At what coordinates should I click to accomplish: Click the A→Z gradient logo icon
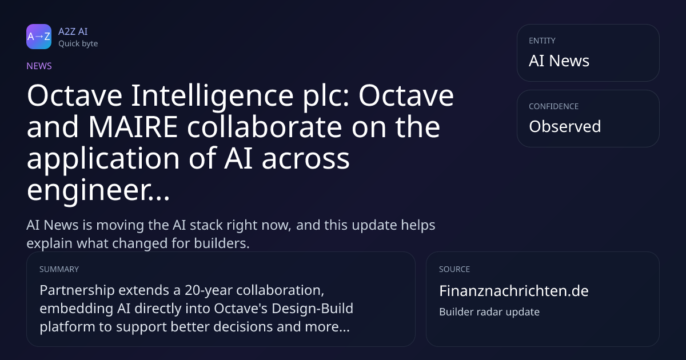(x=39, y=37)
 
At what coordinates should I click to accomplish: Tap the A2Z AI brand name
(x=73, y=31)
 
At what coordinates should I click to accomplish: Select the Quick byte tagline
(x=78, y=43)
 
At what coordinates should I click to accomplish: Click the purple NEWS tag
(x=39, y=66)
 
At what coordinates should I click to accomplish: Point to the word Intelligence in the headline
(x=212, y=96)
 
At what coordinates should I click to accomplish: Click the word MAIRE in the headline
(x=133, y=127)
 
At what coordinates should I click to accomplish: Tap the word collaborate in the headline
(x=264, y=126)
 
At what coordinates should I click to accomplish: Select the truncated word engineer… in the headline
(x=98, y=190)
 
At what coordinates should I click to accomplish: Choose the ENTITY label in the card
(x=542, y=41)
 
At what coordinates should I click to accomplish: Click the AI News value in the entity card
(x=559, y=61)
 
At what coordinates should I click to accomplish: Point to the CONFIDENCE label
(x=554, y=106)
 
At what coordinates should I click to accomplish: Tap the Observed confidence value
(x=565, y=126)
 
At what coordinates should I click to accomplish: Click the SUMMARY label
(x=59, y=269)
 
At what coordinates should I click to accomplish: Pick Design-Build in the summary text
(x=312, y=309)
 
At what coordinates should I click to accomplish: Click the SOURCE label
(x=454, y=269)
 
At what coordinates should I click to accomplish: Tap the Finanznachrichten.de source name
(x=514, y=291)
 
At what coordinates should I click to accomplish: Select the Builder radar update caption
(x=489, y=311)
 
